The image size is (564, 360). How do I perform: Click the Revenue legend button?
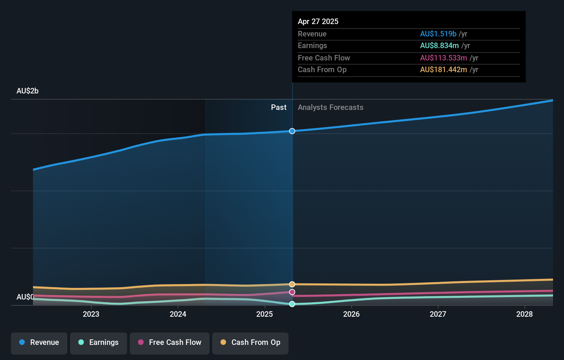[39, 343]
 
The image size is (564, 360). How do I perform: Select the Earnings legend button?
[99, 343]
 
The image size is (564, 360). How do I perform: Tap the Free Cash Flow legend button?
[170, 343]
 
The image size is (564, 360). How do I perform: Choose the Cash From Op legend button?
[250, 343]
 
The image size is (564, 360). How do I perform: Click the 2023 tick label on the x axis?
[91, 314]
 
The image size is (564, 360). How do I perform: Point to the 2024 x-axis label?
[178, 314]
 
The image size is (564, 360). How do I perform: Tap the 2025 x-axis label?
[264, 314]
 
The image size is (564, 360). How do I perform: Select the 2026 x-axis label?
[351, 314]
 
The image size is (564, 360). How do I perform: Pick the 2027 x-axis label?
[438, 314]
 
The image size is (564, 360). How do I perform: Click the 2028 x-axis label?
[524, 314]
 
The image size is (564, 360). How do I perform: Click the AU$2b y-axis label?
[27, 91]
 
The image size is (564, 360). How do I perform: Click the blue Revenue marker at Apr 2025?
[292, 131]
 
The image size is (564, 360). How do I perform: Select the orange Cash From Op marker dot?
[292, 284]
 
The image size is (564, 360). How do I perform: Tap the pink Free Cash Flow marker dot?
[292, 292]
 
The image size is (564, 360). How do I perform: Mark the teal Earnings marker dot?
[292, 304]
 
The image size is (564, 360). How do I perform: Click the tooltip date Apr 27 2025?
[318, 21]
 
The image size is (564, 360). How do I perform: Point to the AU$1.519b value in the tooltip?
[438, 34]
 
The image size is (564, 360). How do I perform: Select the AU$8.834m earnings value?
[439, 46]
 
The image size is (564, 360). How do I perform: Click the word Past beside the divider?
[279, 108]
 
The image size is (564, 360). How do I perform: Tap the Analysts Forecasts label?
[330, 108]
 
